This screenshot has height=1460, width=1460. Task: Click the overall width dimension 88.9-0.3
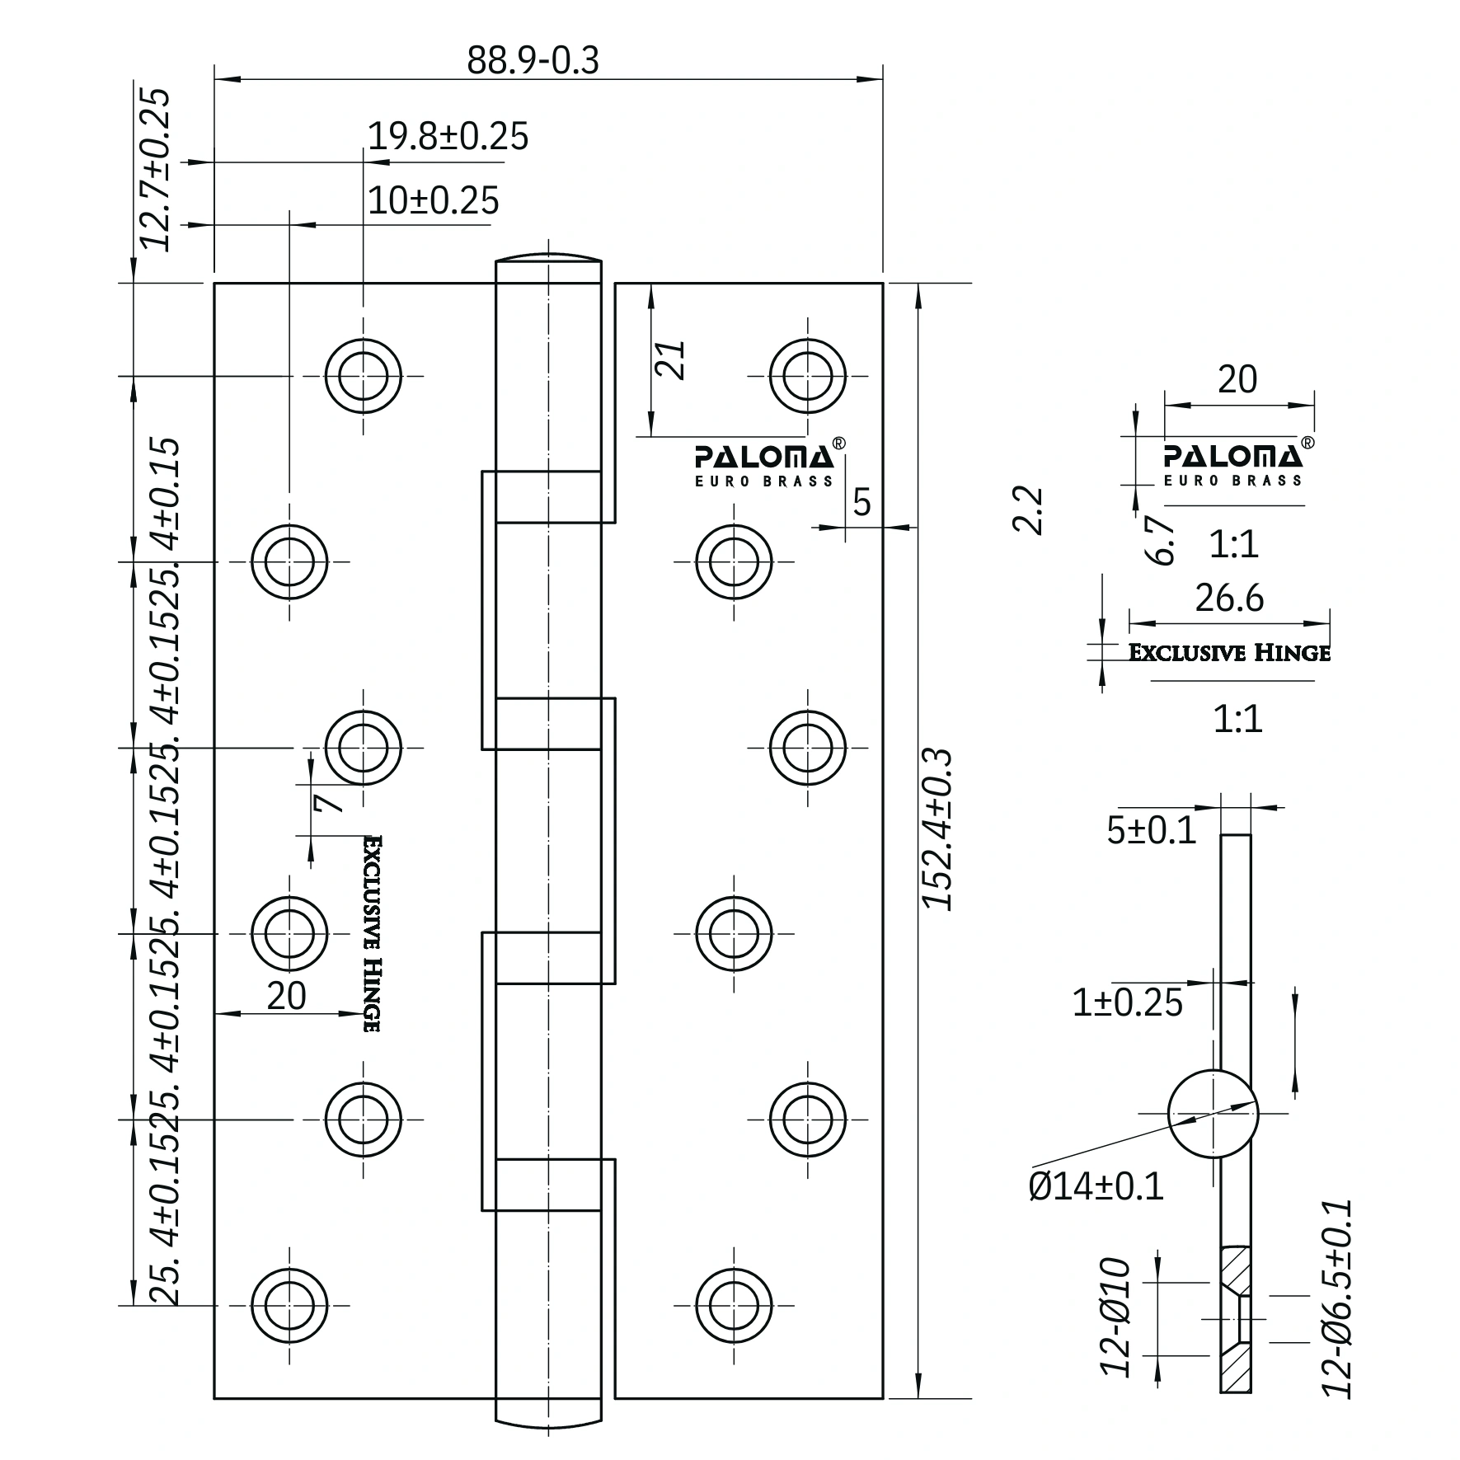[533, 60]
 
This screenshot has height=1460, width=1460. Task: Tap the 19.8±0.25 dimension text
[447, 136]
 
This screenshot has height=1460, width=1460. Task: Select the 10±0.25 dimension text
[433, 200]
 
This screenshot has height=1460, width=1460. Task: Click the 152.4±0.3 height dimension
[938, 829]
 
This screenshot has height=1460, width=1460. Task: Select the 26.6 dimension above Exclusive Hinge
[1229, 599]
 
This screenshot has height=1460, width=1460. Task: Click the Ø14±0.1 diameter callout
[1096, 1186]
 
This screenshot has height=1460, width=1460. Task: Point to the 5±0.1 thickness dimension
[1151, 831]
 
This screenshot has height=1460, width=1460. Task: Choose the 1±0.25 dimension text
[1127, 1002]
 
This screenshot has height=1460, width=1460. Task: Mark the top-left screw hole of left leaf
[363, 376]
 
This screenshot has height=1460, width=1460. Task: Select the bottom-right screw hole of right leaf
[734, 1305]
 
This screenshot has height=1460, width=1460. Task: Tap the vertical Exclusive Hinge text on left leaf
[372, 933]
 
